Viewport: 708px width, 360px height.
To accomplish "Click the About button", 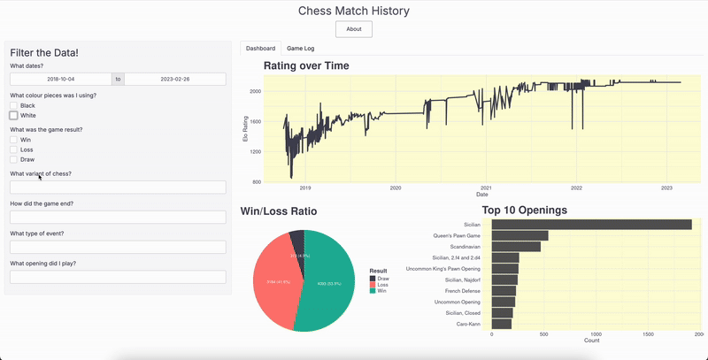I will pos(353,29).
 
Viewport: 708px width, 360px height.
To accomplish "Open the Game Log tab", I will pos(302,48).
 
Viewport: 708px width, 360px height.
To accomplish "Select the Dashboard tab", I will pos(260,48).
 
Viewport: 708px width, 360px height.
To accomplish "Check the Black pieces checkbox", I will pos(14,105).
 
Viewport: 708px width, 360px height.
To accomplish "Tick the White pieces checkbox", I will pos(14,115).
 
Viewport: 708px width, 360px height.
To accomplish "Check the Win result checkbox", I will pos(14,140).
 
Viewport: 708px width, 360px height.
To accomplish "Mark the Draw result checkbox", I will pos(14,159).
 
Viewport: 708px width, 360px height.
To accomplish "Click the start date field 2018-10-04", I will pos(60,79).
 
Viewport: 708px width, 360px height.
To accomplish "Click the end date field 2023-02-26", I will pos(175,79).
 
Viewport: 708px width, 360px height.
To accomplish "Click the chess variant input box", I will pos(118,188).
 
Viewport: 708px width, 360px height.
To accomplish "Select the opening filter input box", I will pos(118,277).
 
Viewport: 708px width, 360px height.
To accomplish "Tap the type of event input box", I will pos(118,247).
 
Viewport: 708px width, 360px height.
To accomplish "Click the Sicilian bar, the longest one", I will pos(591,225).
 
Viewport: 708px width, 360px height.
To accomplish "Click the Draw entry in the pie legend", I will pos(381,279).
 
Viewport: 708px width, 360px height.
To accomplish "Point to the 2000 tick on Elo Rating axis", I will pos(254,91).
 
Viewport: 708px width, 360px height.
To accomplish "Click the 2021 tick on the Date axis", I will pos(486,188).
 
